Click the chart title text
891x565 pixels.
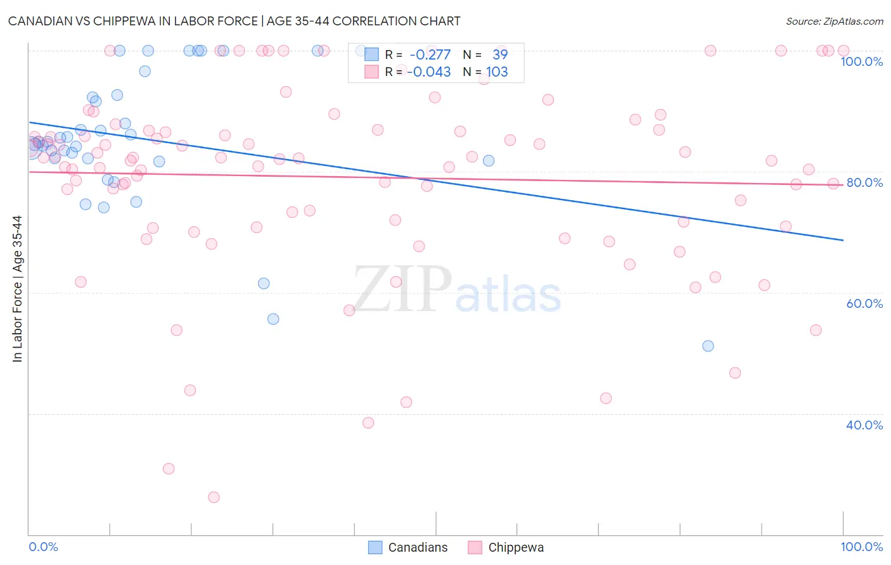click(x=234, y=21)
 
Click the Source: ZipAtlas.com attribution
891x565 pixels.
click(x=834, y=21)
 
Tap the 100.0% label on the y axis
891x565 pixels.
click(x=861, y=61)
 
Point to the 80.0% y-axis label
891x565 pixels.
click(x=864, y=182)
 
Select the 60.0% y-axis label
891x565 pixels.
click(x=864, y=303)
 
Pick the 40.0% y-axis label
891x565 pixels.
click(x=864, y=425)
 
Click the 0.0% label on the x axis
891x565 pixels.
click(x=44, y=547)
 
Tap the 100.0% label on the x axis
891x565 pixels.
click(x=861, y=547)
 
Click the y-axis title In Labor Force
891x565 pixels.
click(x=17, y=289)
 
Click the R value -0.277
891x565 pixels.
click(x=430, y=54)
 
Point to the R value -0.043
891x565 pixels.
click(x=429, y=72)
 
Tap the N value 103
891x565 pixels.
click(x=497, y=72)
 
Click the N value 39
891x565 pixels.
click(x=500, y=54)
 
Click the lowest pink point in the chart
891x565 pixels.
click(x=214, y=497)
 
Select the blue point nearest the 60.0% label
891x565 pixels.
click(x=708, y=346)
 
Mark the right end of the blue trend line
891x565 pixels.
click(x=843, y=240)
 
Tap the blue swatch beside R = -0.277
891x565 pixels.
click(x=371, y=54)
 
